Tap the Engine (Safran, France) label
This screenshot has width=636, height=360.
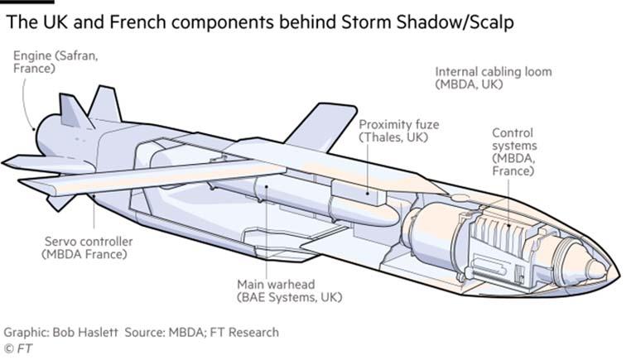[x=47, y=62]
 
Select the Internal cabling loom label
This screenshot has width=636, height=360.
[x=493, y=78]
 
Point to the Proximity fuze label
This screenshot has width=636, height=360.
[x=398, y=131]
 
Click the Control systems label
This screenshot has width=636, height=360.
[x=513, y=151]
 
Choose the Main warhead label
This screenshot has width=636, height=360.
[x=290, y=290]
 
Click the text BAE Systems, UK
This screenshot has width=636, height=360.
[x=290, y=296]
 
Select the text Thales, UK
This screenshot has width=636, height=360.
[x=393, y=137]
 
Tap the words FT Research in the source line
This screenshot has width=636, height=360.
[x=244, y=332]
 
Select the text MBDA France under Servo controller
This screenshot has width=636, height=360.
[x=84, y=254]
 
